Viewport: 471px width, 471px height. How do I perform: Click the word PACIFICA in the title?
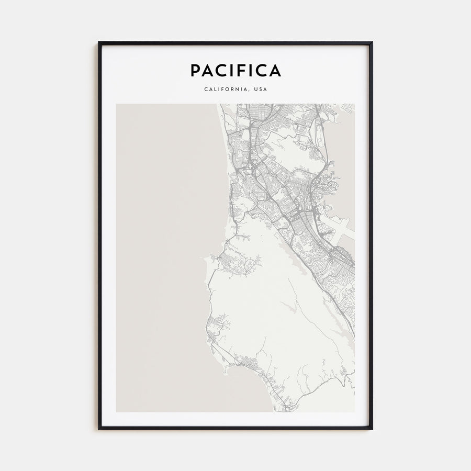(x=235, y=70)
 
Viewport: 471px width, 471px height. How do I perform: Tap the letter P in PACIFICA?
(x=195, y=70)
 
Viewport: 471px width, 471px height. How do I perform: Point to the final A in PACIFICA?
(x=275, y=70)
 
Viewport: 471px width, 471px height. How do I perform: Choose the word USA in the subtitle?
(x=260, y=89)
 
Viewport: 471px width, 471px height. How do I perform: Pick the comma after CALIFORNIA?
(x=248, y=91)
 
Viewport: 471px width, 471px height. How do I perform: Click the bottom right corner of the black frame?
(x=372, y=429)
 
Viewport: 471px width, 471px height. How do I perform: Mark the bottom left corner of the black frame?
(x=99, y=429)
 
